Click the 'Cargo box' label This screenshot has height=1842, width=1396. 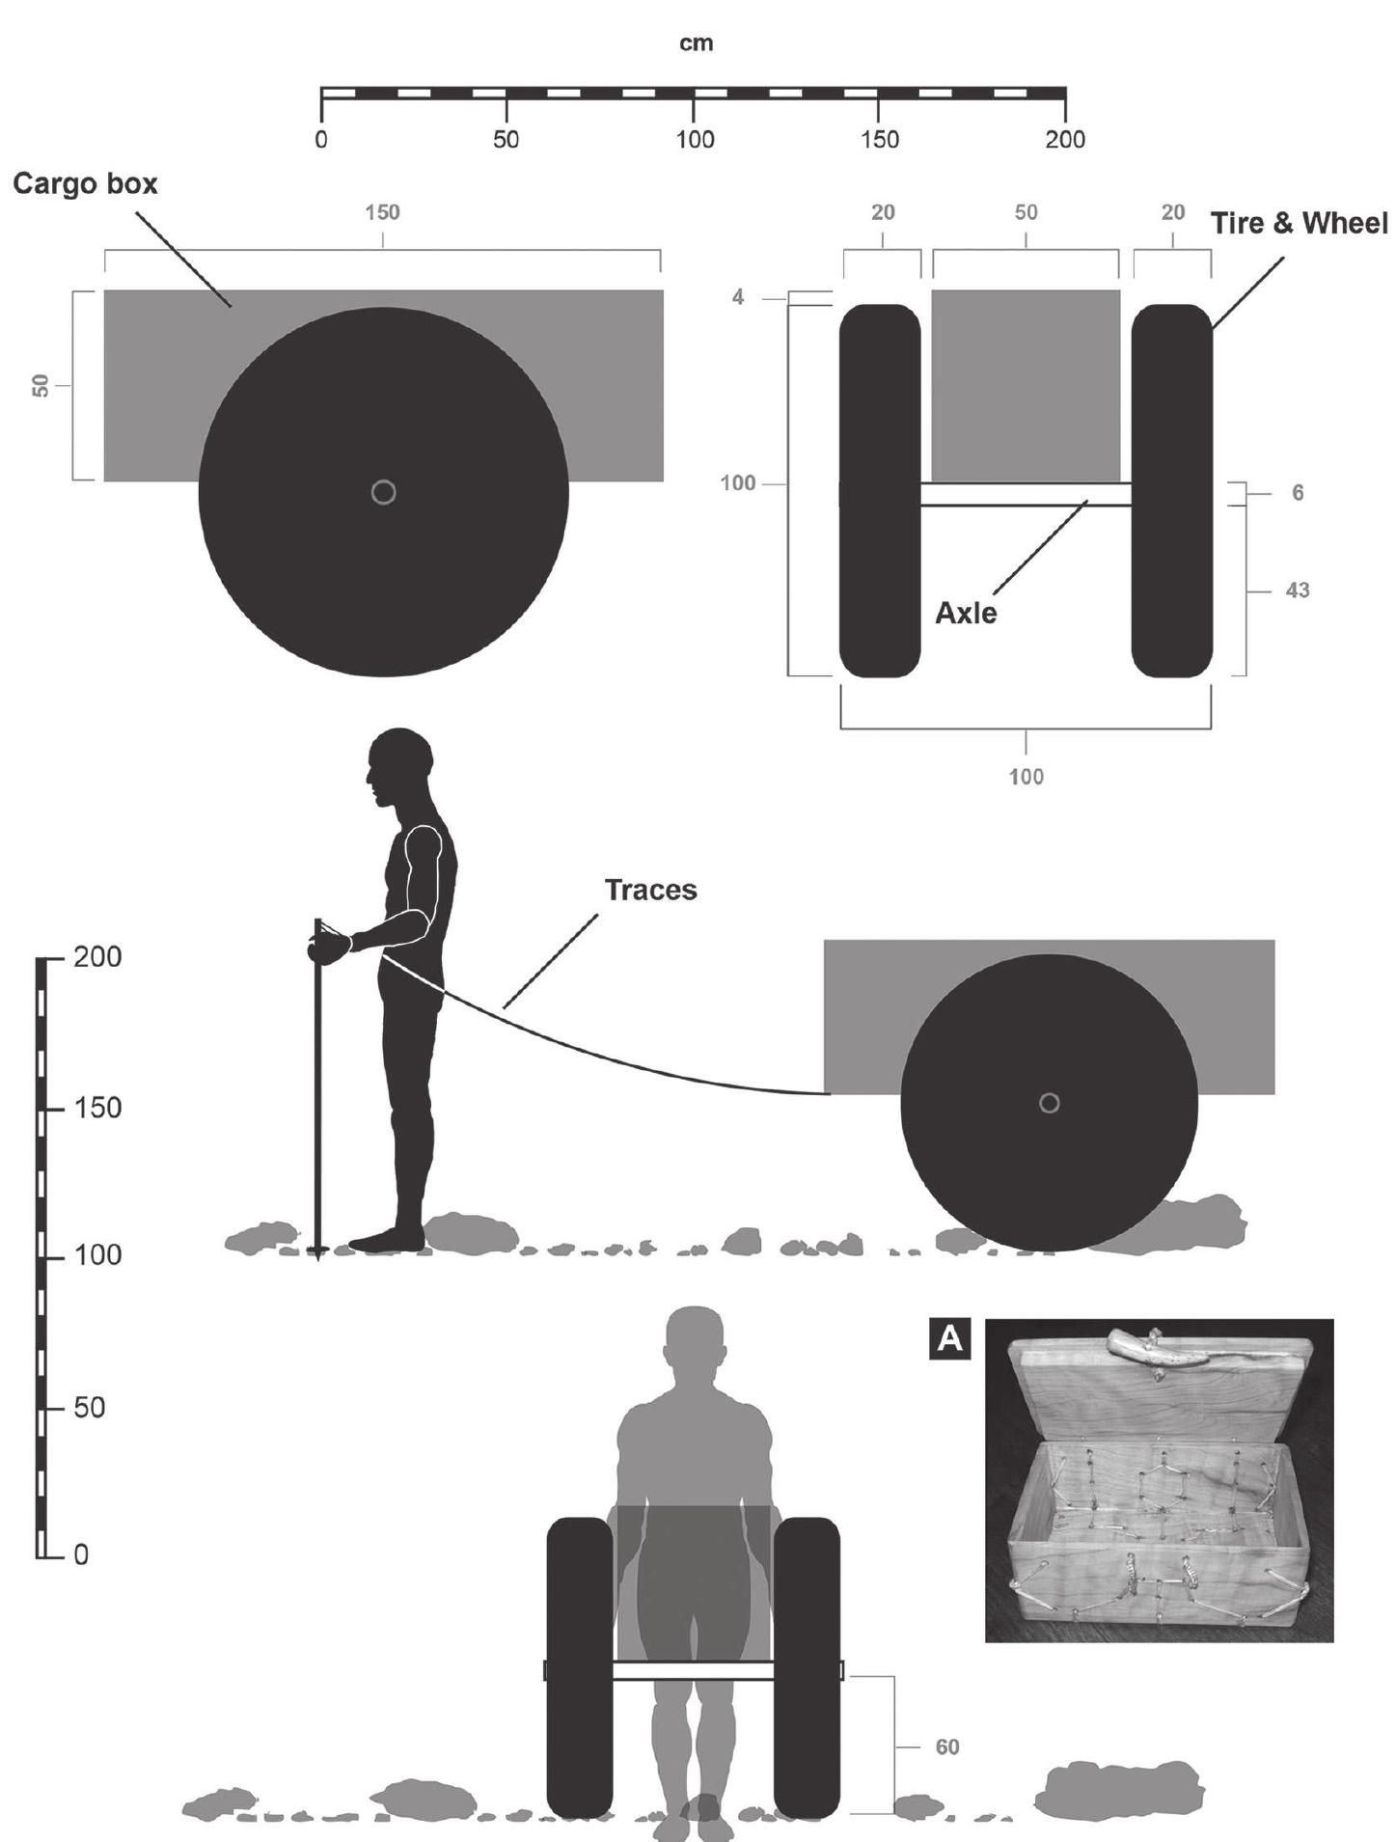(86, 183)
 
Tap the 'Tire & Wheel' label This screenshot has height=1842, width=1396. (1300, 223)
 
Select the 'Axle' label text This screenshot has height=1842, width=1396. (966, 613)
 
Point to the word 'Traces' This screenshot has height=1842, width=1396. (650, 890)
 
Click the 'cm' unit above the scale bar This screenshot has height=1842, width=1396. (697, 43)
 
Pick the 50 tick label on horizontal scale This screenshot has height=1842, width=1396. (506, 140)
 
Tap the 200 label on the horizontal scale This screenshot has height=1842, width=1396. (1065, 140)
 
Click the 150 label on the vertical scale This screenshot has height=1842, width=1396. (97, 1108)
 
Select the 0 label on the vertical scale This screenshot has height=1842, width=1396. (81, 1555)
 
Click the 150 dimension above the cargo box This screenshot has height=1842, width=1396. (382, 212)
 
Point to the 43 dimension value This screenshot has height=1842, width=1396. (1298, 590)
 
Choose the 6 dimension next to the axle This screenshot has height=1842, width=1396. (1298, 493)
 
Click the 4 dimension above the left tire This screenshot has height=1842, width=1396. (738, 297)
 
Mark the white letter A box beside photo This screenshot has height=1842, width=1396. (950, 1339)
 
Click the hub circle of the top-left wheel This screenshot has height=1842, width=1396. (383, 493)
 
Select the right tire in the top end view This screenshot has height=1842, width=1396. (1171, 491)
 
